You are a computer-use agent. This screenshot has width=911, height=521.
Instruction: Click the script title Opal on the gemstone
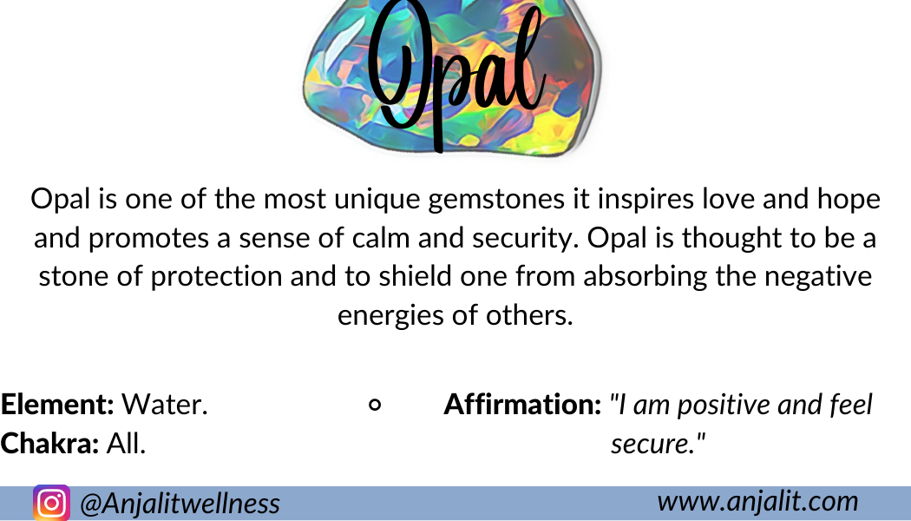click(x=456, y=73)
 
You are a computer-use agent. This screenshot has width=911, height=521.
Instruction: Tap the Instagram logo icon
click(x=52, y=503)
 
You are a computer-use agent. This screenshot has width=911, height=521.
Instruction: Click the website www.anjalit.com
click(x=757, y=501)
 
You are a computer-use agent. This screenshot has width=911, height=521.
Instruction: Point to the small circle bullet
click(x=375, y=405)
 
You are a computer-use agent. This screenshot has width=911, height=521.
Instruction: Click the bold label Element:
click(x=57, y=404)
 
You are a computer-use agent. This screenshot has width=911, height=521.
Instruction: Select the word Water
click(x=165, y=404)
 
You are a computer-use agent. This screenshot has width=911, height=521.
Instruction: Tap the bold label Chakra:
click(x=49, y=444)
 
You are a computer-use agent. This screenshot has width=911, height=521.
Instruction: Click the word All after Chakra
click(x=126, y=444)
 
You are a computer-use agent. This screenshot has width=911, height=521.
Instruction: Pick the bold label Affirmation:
click(x=522, y=404)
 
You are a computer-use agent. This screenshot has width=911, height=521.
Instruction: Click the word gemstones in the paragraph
click(x=496, y=200)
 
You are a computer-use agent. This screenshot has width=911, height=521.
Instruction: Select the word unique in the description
click(x=377, y=200)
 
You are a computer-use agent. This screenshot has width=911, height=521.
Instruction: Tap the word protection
click(x=216, y=277)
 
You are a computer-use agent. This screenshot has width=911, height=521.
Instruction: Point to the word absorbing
click(x=645, y=277)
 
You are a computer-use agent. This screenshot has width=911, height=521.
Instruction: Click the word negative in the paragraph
click(x=818, y=277)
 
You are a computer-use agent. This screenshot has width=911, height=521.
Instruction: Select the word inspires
click(x=646, y=200)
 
